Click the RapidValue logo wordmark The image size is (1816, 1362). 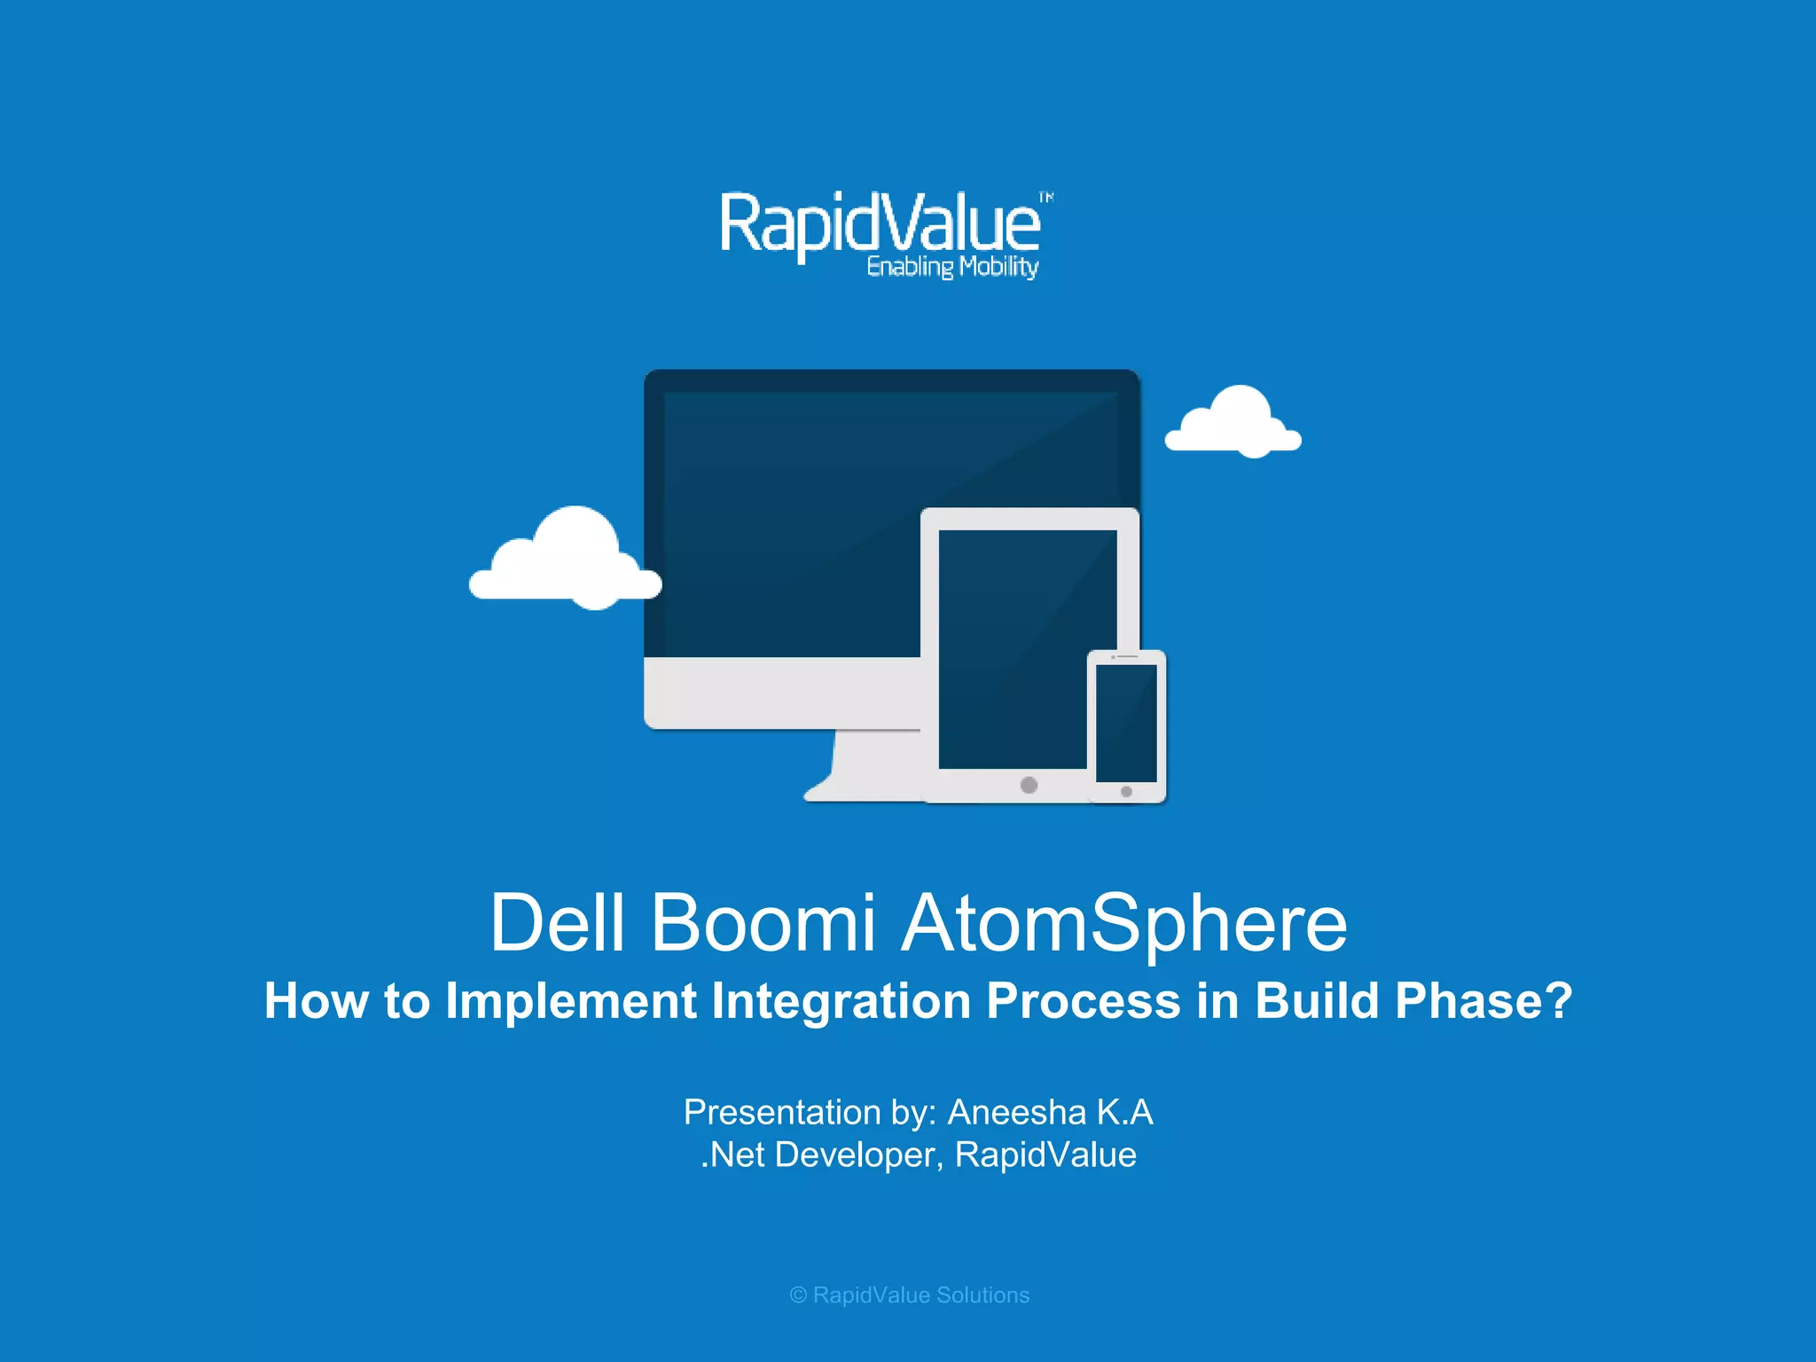[880, 223]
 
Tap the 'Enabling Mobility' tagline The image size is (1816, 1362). [952, 267]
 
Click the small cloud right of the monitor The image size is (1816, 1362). [1233, 424]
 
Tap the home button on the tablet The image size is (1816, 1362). [1029, 785]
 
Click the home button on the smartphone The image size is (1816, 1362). [1126, 792]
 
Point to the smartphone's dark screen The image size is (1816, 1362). [1126, 723]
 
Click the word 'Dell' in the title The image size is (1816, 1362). [558, 923]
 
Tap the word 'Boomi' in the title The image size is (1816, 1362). [763, 923]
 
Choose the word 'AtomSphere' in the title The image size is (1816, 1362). [1124, 923]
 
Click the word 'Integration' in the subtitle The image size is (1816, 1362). [841, 1001]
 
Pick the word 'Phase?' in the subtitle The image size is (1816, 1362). [1483, 1001]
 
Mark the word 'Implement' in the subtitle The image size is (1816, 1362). [571, 1001]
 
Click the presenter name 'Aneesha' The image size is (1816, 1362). [1016, 1112]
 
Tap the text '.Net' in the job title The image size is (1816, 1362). [732, 1155]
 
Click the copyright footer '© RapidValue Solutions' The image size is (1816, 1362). [909, 1295]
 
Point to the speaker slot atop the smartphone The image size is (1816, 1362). [1126, 656]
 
